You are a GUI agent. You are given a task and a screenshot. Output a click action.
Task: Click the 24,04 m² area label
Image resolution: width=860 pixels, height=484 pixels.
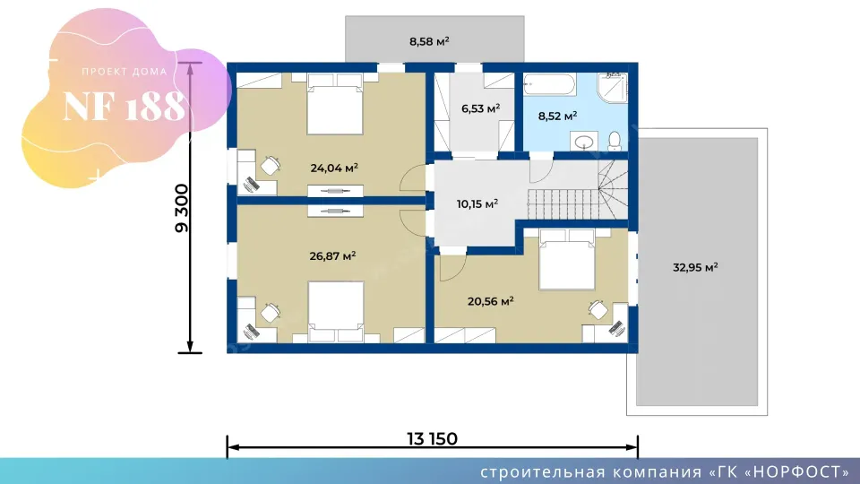coord(334,168)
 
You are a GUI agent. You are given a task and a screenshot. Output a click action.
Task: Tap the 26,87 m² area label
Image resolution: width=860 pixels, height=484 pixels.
coord(333,255)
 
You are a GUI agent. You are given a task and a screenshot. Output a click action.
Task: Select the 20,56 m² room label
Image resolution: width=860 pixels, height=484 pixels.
coord(490,301)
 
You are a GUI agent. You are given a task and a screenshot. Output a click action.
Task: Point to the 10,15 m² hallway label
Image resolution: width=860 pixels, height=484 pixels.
coord(477,204)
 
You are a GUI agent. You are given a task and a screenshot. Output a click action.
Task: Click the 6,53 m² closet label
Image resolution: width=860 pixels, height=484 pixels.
coord(480,108)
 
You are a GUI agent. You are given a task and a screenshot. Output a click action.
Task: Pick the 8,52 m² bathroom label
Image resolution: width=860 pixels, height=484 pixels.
coord(557,117)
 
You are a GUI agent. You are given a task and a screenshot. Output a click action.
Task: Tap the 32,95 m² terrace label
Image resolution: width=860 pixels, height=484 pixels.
coord(695,268)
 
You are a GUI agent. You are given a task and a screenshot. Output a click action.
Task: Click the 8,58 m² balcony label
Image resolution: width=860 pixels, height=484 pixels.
coord(429,41)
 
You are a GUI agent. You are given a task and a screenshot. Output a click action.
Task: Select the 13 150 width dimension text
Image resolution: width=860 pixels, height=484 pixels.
coord(432,439)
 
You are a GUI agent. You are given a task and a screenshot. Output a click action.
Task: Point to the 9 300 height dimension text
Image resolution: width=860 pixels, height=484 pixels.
coord(182,209)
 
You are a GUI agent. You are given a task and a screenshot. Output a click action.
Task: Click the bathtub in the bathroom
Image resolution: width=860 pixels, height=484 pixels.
coord(549,85)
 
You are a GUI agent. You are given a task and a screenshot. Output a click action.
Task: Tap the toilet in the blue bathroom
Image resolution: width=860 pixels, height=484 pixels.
coord(615,141)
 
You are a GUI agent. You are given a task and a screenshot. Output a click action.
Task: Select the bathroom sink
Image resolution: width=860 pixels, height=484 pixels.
coord(584,141)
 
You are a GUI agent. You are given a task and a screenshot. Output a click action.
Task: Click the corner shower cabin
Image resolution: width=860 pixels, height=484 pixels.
coord(612,87)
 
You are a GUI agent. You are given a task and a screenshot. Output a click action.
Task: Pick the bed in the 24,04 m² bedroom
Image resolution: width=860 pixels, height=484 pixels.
coord(334,104)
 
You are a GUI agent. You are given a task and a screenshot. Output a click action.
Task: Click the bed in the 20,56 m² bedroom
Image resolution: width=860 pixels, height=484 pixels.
coord(567,260)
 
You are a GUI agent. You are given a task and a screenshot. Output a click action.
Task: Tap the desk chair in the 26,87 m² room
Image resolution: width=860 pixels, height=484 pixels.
coord(271,312)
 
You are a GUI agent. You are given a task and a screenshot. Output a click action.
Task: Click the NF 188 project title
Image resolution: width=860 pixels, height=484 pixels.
coord(125,106)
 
